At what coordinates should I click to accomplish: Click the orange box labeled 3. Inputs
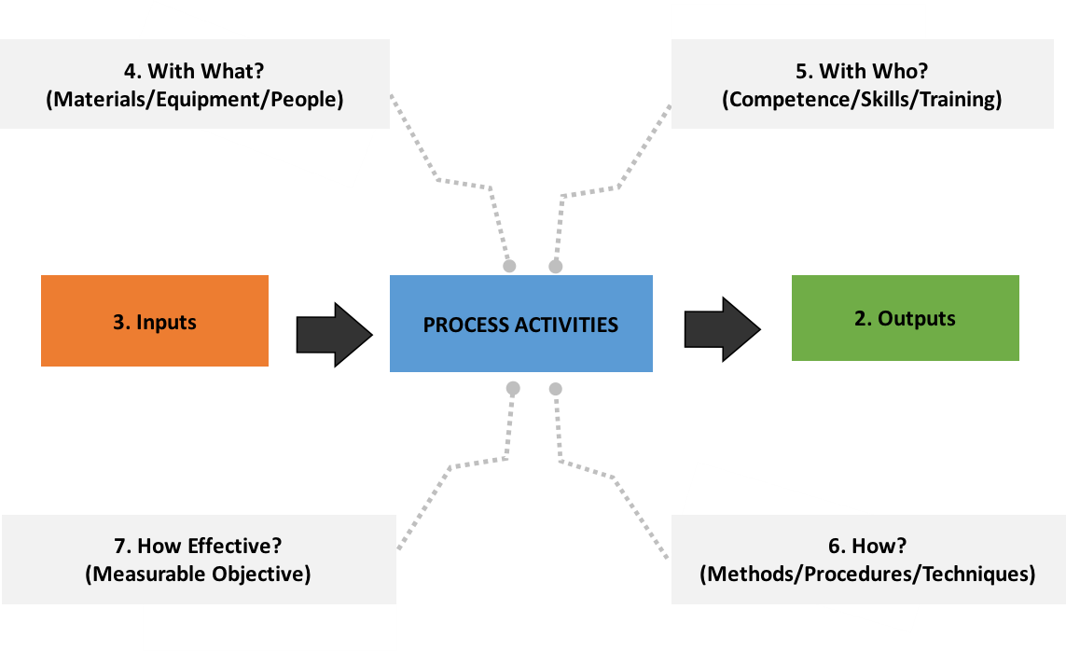[155, 321]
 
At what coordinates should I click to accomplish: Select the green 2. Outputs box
[905, 318]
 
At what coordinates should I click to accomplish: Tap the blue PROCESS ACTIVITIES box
[520, 324]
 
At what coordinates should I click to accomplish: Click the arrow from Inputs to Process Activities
[334, 334]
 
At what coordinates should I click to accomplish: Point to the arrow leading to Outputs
[722, 328]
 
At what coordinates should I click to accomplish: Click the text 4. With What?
[194, 70]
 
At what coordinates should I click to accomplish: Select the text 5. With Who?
[861, 71]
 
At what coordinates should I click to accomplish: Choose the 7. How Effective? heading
[197, 546]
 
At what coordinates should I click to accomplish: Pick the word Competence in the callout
[778, 99]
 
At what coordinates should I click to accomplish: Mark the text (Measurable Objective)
[198, 574]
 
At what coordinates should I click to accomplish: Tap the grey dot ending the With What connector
[509, 267]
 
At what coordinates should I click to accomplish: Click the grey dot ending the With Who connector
[556, 267]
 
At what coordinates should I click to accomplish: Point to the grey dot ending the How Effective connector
[511, 388]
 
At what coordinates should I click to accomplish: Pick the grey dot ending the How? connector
[556, 388]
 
